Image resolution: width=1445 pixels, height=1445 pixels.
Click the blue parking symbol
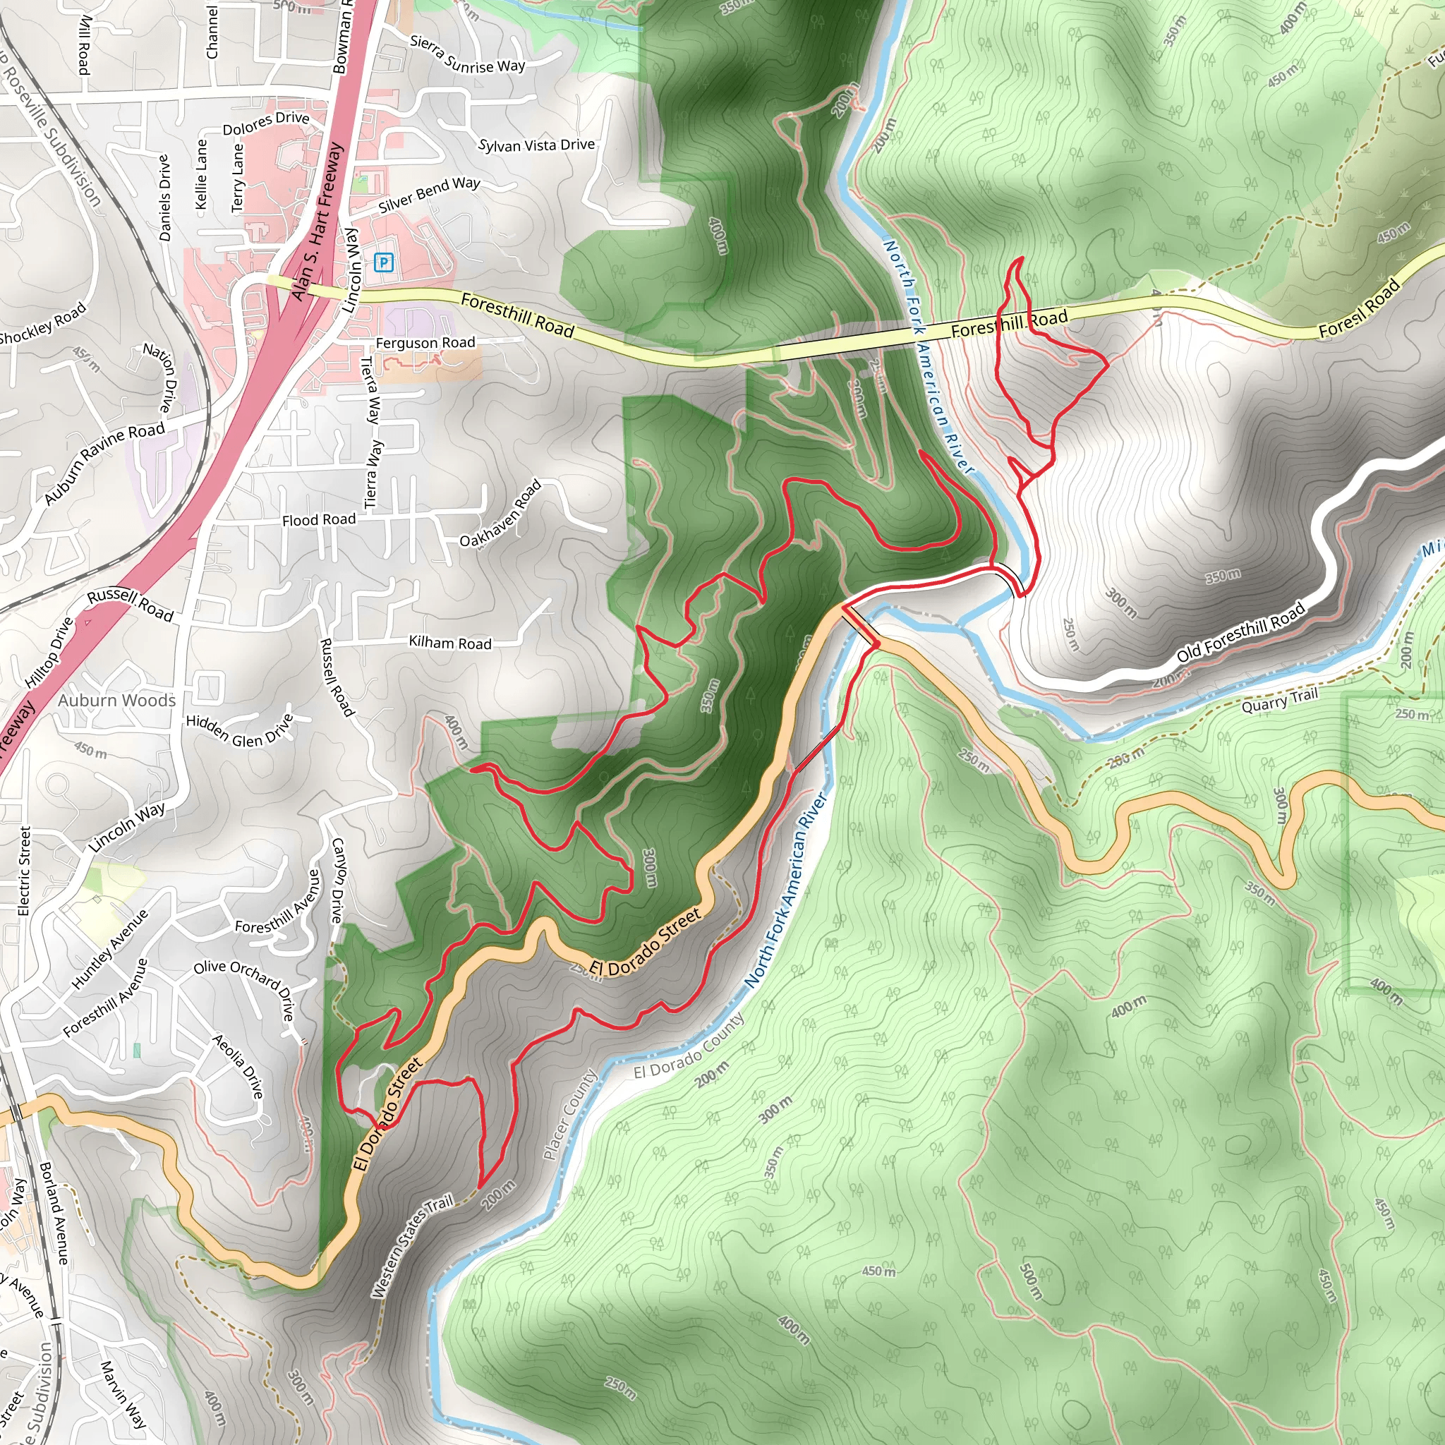coord(383,262)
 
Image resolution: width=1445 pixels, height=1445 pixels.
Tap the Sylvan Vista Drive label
coord(536,145)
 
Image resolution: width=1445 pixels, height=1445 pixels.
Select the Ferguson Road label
coord(425,342)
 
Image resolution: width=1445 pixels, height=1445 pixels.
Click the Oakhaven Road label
coord(500,514)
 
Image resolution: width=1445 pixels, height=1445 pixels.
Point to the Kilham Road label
coord(449,643)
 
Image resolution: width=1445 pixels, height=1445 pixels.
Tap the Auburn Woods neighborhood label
coord(116,700)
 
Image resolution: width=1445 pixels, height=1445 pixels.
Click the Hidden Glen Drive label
coord(239,730)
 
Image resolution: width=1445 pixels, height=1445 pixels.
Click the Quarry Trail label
coord(1279,701)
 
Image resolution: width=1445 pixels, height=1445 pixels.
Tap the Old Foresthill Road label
coord(1241,632)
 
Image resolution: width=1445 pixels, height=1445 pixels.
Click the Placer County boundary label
coord(570,1114)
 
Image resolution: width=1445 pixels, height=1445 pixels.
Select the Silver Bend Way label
coord(428,194)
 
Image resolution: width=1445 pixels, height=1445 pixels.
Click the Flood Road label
coord(319,519)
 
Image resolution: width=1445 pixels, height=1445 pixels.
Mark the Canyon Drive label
coord(337,880)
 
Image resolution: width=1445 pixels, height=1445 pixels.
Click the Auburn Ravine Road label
coord(104,462)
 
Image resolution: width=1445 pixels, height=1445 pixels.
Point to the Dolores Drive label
coord(265,123)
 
